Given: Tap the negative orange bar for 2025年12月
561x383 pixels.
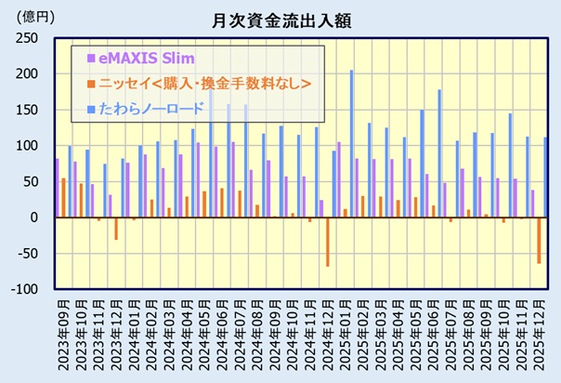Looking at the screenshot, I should (539, 241).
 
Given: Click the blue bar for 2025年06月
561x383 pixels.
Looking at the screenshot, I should (439, 153).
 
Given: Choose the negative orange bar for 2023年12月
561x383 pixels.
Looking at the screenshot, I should (116, 229).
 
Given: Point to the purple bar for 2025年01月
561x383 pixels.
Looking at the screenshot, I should (339, 180).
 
